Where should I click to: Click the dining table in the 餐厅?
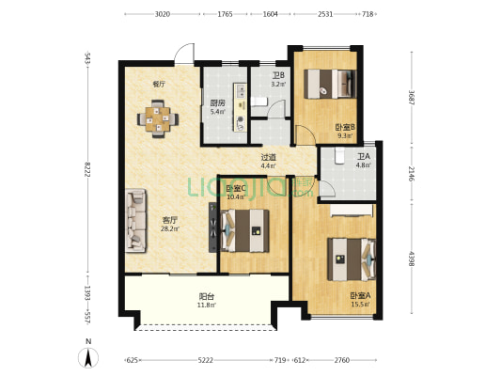pyautogui.click(x=158, y=118)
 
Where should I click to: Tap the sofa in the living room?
pyautogui.click(x=135, y=220)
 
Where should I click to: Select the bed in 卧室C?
pyautogui.click(x=244, y=230)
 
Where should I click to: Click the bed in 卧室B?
pyautogui.click(x=330, y=84)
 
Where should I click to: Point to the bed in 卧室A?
pyautogui.click(x=352, y=259)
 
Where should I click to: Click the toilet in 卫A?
pyautogui.click(x=339, y=155)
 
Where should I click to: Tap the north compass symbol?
pyautogui.click(x=88, y=357)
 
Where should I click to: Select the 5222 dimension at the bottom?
pyautogui.click(x=205, y=360)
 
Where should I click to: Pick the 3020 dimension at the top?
pyautogui.click(x=163, y=14)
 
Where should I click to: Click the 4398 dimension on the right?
pyautogui.click(x=412, y=258)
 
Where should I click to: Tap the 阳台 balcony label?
pyautogui.click(x=206, y=296)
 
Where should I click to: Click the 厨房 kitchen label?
pyautogui.click(x=217, y=102)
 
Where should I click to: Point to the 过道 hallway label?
pyautogui.click(x=269, y=157)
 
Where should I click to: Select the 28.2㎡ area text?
pyautogui.click(x=170, y=228)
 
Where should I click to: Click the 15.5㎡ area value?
pyautogui.click(x=360, y=305)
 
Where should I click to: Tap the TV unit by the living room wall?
pyautogui.click(x=212, y=227)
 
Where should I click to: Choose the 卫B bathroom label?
pyautogui.click(x=278, y=76)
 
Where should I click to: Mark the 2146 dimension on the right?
pyautogui.click(x=412, y=174)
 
